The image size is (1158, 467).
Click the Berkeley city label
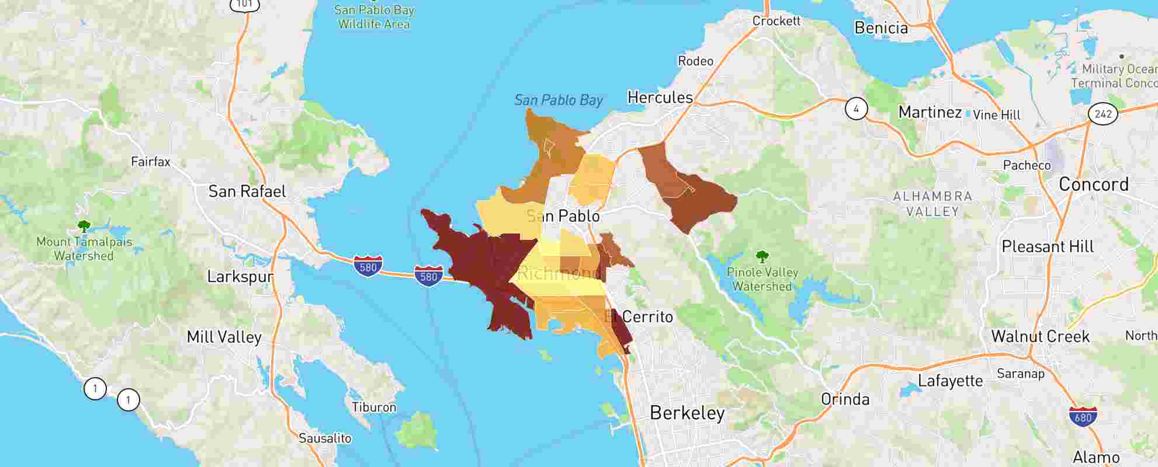coord(687,413)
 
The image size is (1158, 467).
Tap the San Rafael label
coord(247,191)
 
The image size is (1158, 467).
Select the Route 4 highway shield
coord(856,109)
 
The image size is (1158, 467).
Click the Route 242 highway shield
coord(1102,113)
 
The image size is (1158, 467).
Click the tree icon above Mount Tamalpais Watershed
coord(84,226)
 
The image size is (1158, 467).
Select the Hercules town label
coord(660,97)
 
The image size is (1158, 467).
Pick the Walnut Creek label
coord(1040,337)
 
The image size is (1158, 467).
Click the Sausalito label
coord(325,438)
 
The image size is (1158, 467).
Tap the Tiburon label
coord(374,407)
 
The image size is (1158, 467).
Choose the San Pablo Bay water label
coord(558,100)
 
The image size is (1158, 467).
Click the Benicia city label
coord(880,28)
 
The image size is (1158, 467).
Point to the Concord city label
coord(1093,184)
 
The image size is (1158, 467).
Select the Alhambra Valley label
coord(932,204)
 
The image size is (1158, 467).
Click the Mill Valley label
coord(224,337)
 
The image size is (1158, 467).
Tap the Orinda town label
coord(845,400)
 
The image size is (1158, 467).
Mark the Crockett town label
coord(776,21)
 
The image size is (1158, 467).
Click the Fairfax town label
coord(150,162)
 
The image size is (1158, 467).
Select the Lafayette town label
coord(950,381)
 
